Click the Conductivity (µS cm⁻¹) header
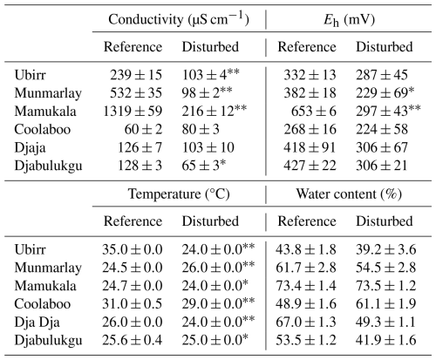[179, 19]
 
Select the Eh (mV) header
[349, 20]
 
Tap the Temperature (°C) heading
[179, 194]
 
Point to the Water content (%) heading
[349, 194]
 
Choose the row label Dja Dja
[37, 323]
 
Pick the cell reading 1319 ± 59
[133, 112]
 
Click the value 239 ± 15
[136, 75]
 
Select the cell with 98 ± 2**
[207, 92]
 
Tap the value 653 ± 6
[314, 112]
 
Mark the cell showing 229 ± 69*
[385, 92]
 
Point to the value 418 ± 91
[310, 147]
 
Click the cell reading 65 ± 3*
[204, 165]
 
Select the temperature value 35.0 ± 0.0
[133, 249]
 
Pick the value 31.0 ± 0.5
[133, 304]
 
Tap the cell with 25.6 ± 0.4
[133, 340]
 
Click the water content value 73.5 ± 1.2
[386, 286]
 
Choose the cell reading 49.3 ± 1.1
[386, 323]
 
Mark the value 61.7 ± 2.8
[306, 268]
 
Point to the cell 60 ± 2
[143, 130]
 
